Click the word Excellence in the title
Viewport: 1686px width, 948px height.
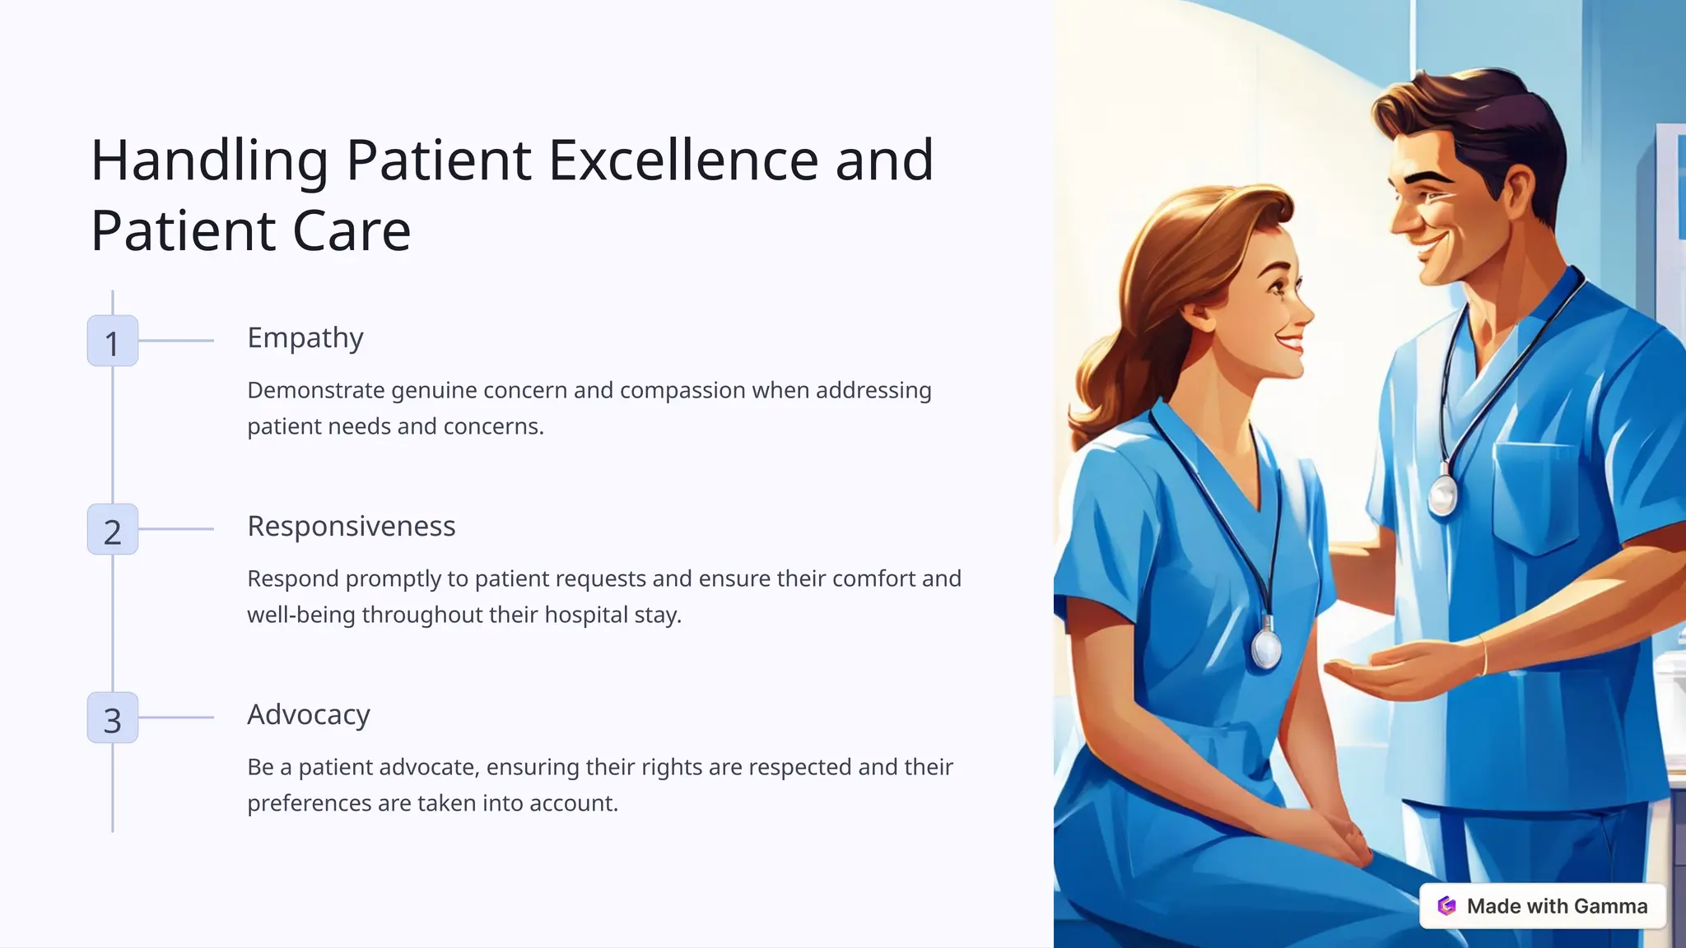[683, 160]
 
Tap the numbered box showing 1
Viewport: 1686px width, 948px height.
[113, 341]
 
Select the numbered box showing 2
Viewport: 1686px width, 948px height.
[113, 529]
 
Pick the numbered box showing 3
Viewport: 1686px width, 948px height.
[113, 718]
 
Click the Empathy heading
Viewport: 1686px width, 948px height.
[305, 338]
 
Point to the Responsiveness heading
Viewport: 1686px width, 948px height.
[352, 527]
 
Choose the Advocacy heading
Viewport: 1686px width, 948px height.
[309, 715]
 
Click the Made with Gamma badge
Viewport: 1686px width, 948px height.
[1542, 906]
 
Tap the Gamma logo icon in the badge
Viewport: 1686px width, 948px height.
[1446, 906]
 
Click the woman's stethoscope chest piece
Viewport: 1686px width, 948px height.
[1266, 648]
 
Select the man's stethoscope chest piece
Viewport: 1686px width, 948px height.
[1442, 495]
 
